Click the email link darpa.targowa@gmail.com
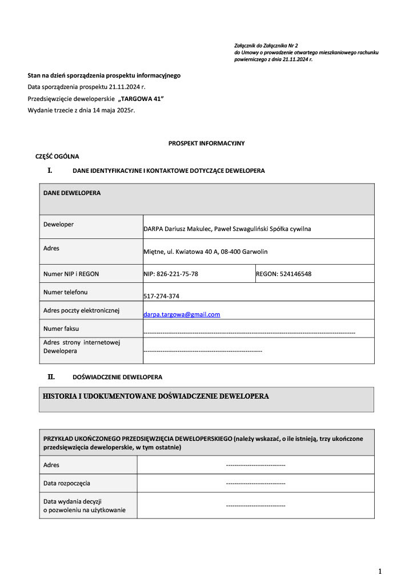click(182, 314)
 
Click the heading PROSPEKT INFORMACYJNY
click(206, 143)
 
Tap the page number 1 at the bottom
click(380, 571)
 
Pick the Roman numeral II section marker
click(51, 376)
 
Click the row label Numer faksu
click(61, 328)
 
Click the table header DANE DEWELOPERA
click(72, 193)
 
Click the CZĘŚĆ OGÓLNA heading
click(57, 156)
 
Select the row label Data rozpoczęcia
click(67, 483)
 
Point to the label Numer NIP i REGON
click(71, 274)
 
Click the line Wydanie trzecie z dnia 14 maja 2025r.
click(81, 110)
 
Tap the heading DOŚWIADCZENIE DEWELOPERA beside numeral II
click(117, 377)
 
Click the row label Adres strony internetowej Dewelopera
click(82, 347)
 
